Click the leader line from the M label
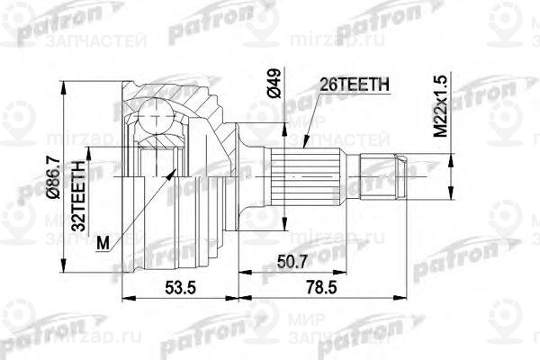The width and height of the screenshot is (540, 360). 144,202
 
